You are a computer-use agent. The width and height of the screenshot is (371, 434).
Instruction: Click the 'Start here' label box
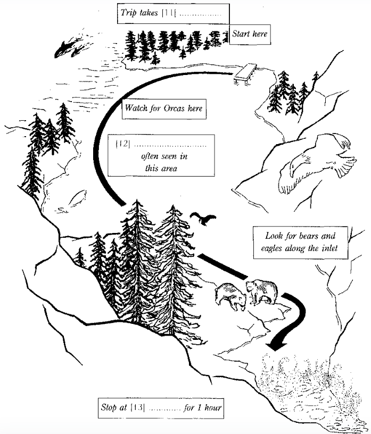click(x=250, y=35)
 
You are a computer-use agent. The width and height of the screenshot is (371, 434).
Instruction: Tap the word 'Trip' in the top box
click(x=128, y=13)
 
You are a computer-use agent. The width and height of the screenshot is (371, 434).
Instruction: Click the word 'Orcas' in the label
click(x=174, y=108)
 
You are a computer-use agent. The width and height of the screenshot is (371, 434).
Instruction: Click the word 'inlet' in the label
click(x=329, y=248)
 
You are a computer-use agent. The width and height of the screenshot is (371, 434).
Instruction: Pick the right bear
click(x=261, y=293)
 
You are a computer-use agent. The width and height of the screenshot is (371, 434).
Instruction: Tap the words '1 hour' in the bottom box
click(x=210, y=408)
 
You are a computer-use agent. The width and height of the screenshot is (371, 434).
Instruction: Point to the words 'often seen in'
click(x=164, y=156)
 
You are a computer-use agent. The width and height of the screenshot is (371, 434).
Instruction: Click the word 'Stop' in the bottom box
click(x=109, y=408)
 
